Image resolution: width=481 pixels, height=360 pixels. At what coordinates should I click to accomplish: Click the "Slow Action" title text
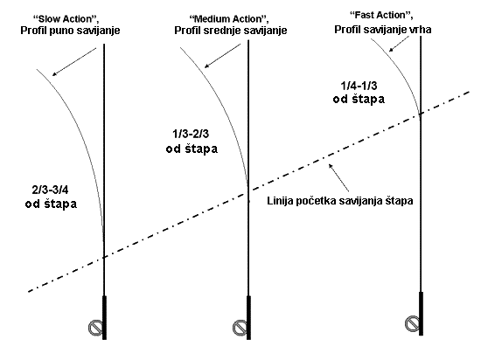[x=66, y=19]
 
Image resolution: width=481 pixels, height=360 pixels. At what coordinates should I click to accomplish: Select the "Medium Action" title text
[x=229, y=19]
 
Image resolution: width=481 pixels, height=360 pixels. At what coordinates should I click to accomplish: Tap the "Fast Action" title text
[x=381, y=15]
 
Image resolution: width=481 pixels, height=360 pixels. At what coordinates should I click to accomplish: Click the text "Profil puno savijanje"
[x=70, y=31]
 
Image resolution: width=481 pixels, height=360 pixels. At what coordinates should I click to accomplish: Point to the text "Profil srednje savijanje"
[x=231, y=31]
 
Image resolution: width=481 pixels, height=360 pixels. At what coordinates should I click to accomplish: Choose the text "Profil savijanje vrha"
[x=383, y=30]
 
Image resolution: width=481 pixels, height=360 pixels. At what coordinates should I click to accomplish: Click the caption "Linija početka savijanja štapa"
[x=340, y=201]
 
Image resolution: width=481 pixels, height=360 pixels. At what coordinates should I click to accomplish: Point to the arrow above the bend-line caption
[x=338, y=177]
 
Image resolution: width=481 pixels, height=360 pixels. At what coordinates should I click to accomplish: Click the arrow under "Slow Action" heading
[x=74, y=61]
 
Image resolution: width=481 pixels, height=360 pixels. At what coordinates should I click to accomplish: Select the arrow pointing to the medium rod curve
[x=223, y=56]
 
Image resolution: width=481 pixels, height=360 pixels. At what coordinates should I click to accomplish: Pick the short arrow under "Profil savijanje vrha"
[x=399, y=44]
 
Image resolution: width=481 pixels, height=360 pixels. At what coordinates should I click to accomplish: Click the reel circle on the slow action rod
[x=95, y=328]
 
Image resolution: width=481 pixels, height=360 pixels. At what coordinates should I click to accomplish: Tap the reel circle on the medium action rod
[x=240, y=328]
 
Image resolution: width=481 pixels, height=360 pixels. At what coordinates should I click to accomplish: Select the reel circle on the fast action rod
[x=412, y=323]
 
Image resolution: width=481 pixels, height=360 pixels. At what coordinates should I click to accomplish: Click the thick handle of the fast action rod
[x=422, y=314]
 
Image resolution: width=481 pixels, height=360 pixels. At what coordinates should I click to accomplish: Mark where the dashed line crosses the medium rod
[x=248, y=193]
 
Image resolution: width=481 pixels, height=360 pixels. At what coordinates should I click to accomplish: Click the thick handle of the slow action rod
[x=104, y=318]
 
